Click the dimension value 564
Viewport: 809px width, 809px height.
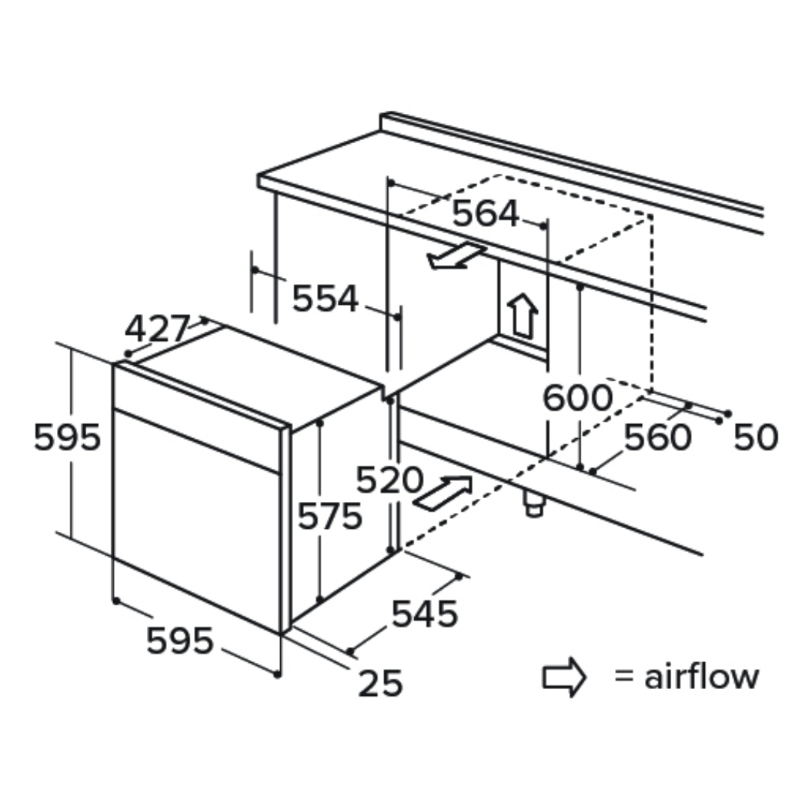(485, 213)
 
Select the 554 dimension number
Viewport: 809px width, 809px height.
(325, 298)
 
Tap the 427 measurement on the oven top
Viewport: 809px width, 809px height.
(158, 329)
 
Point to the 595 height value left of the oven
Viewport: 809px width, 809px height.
(67, 437)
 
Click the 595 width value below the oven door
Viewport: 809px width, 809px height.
(180, 640)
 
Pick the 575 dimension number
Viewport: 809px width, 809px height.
(330, 516)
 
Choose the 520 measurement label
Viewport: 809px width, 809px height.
(390, 480)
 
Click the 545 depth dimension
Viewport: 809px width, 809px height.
(425, 613)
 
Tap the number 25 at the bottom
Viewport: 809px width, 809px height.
(381, 683)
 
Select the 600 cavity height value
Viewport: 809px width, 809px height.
(578, 398)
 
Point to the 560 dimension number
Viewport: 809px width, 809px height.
(658, 437)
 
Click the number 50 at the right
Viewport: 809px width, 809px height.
(755, 437)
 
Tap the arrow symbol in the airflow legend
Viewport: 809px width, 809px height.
(564, 677)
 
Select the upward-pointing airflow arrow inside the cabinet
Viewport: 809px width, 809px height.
(523, 315)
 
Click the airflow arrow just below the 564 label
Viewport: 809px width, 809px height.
(456, 255)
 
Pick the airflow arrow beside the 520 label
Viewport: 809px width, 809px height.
(443, 493)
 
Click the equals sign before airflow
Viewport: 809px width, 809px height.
(624, 676)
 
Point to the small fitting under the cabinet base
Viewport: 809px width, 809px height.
(533, 503)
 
